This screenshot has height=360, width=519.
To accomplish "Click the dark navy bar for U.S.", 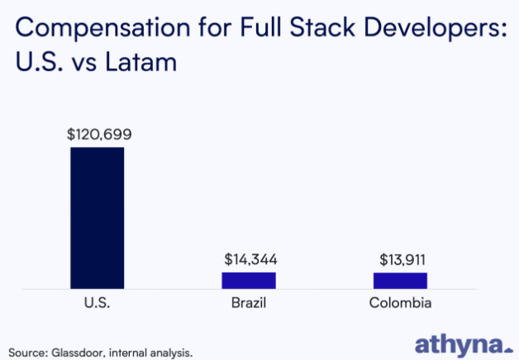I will (x=97, y=217).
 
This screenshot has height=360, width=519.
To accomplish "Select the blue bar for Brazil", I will (x=248, y=280).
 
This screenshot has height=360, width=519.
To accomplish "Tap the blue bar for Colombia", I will (x=400, y=280).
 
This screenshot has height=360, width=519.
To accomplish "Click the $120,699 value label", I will (x=99, y=134).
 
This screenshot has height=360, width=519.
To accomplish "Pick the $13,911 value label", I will (x=402, y=259).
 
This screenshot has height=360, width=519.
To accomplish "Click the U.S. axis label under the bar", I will (x=97, y=303).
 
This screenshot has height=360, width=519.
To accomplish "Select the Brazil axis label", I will (x=249, y=303).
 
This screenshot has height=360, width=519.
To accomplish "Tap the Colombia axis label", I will (x=400, y=303).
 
